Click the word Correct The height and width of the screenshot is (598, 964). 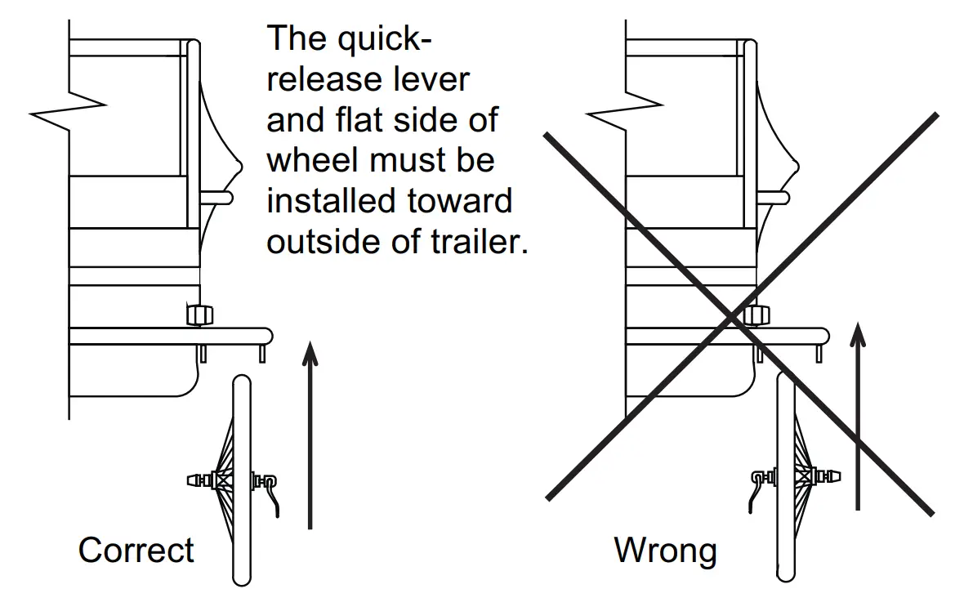tap(136, 550)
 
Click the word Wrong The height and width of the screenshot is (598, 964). tap(665, 550)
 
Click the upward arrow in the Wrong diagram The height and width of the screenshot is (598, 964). tap(857, 417)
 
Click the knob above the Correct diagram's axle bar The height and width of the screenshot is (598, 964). tap(199, 314)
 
